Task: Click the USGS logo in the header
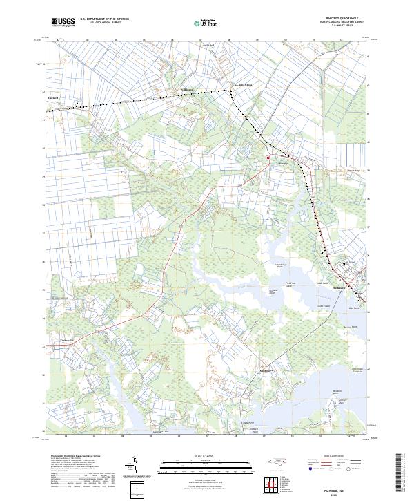click(63, 22)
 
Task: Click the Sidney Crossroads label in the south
click(264, 370)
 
